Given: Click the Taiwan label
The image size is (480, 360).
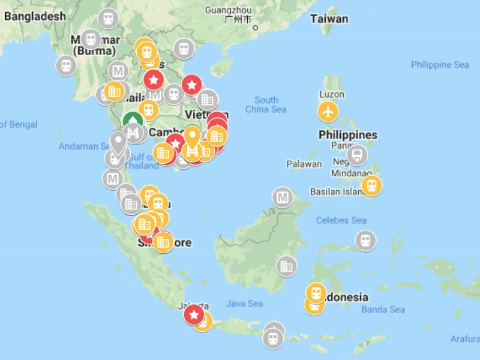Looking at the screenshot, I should tap(329, 19).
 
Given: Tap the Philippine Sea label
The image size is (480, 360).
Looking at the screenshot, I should tap(440, 65).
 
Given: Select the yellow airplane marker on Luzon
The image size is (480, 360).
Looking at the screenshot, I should tap(328, 111).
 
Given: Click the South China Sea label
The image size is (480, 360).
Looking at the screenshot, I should tap(266, 104).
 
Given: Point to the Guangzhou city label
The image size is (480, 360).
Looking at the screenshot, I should tap(228, 10).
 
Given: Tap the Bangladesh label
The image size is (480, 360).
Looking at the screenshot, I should tap(34, 16).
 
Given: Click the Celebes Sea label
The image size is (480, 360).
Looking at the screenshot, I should tap(341, 220).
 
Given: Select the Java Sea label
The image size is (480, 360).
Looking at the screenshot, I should tap(244, 304).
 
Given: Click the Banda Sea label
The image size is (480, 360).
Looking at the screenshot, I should tap(383, 310).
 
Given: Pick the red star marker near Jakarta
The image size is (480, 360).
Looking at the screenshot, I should tap(194, 314).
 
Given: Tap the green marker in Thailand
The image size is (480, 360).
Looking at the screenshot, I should tap(133, 121).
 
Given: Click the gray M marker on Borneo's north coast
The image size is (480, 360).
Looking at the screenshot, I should tap(282, 196).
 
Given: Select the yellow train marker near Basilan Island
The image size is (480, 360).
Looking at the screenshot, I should tap(371, 185).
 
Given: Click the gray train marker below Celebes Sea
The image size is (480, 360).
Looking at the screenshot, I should tap(365, 241).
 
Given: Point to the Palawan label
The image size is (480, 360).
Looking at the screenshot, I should tap(304, 163).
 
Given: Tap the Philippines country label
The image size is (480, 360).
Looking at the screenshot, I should tap(348, 134).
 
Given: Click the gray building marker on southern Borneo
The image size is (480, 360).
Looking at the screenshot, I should tap(287, 266).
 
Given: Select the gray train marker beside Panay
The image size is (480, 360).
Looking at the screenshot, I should tap(357, 155).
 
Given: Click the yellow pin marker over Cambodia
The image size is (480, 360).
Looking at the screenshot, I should tap(192, 139).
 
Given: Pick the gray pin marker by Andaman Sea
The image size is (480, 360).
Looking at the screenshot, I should tap(118, 143).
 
